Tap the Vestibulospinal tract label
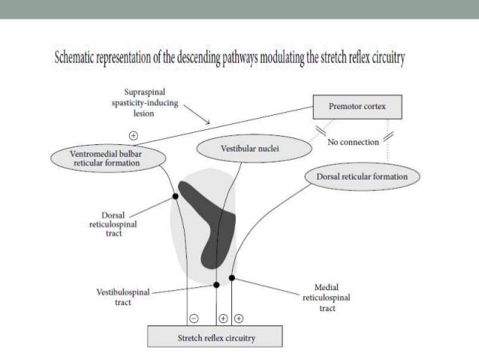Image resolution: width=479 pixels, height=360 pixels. pyautogui.click(x=123, y=297)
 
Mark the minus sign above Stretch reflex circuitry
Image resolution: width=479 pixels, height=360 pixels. pyautogui.click(x=194, y=316)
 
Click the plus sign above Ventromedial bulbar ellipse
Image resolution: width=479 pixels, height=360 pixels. pyautogui.click(x=134, y=136)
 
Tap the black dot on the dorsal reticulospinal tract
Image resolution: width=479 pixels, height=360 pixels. pyautogui.click(x=175, y=196)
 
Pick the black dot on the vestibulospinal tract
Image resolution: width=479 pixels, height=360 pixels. pyautogui.click(x=217, y=285)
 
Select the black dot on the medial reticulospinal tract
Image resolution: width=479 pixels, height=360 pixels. pyautogui.click(x=232, y=277)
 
